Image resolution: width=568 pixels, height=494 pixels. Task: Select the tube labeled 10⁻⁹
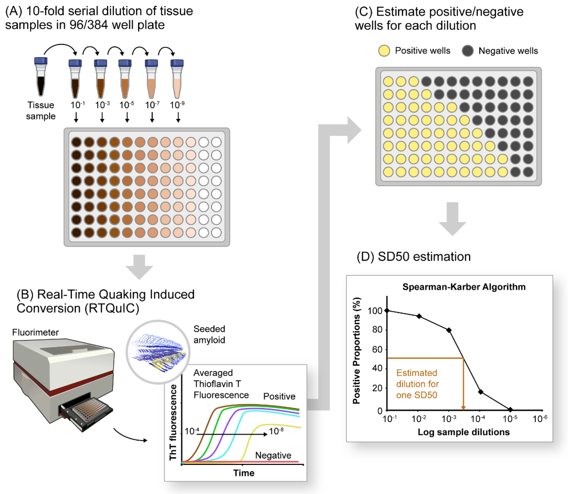click(177, 79)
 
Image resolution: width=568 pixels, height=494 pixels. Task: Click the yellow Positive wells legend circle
click(384, 51)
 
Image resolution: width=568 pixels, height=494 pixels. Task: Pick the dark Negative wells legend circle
click(468, 51)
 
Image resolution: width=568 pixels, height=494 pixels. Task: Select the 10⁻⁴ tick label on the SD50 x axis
click(478, 419)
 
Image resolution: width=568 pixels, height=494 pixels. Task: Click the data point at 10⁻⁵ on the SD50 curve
click(510, 410)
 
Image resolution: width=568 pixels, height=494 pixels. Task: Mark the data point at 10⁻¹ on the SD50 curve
click(387, 311)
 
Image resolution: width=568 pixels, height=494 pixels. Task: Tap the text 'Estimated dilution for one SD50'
click(417, 384)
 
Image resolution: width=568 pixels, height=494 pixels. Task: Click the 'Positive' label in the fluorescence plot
click(279, 396)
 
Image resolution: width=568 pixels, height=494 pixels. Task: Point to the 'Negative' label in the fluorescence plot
click(273, 455)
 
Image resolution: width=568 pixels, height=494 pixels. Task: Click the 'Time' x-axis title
click(244, 473)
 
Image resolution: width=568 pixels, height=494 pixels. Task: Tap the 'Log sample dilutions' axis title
click(463, 432)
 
